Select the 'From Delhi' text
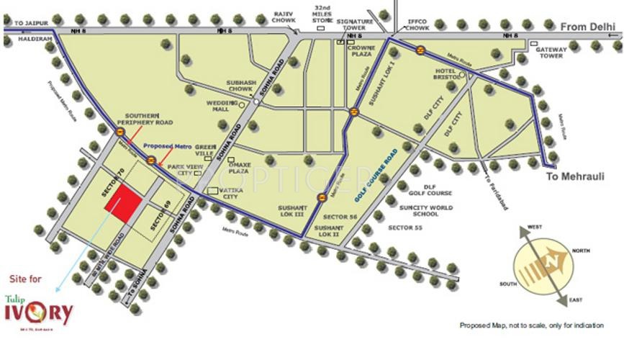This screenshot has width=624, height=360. (582, 26)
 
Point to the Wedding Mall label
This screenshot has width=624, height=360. (218, 106)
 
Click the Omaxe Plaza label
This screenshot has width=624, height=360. (238, 168)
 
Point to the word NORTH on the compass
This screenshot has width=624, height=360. (581, 251)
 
